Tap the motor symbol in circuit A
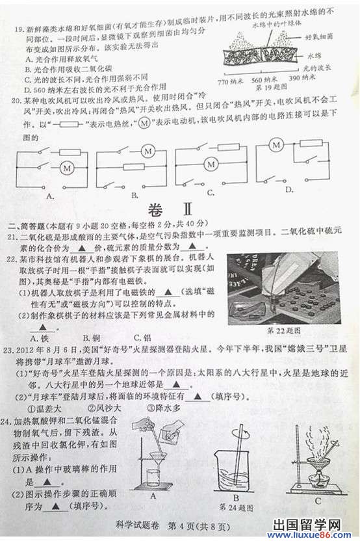click(x=66, y=168)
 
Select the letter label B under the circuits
click(x=135, y=193)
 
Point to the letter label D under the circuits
click(x=290, y=189)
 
